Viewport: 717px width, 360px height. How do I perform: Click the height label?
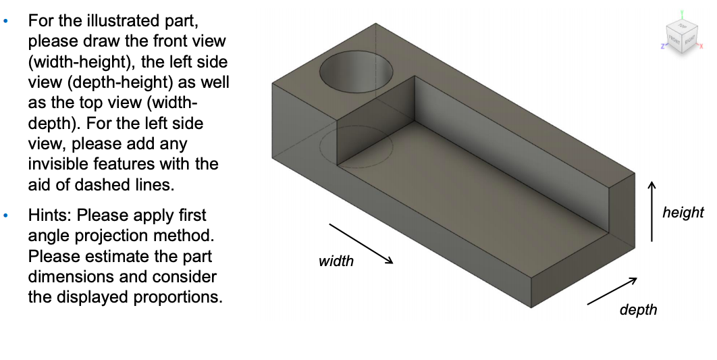683,213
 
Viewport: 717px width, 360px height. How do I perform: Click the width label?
336,261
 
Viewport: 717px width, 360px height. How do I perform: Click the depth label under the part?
637,309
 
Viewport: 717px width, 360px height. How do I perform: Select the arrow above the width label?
361,243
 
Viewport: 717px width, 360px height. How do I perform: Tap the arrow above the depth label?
612,290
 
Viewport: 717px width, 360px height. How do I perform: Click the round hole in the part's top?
356,74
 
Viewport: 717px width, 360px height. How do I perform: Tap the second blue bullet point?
7,217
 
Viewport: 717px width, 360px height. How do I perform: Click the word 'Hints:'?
50,215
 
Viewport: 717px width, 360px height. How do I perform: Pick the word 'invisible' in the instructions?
57,164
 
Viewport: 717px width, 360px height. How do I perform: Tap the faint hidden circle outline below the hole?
356,145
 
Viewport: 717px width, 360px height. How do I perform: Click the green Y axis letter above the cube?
683,13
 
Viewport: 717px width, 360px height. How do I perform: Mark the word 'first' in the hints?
191,215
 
